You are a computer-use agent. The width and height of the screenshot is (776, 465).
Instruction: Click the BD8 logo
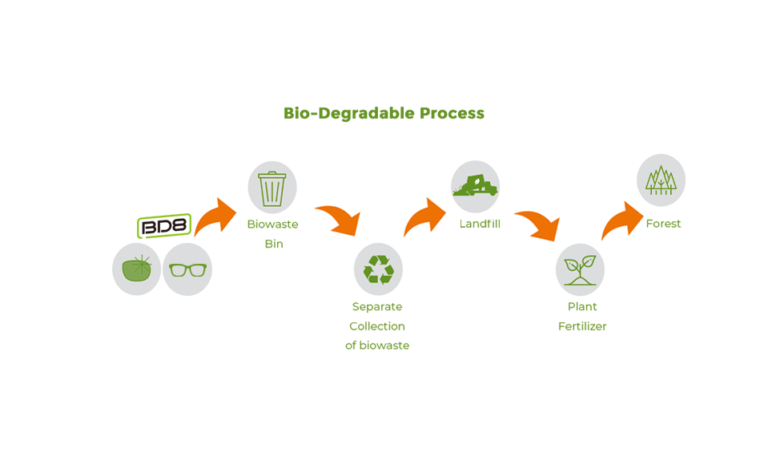click(x=164, y=226)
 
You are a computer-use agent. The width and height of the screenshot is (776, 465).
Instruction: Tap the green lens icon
click(x=137, y=269)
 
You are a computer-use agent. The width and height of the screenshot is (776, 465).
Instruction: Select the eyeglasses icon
click(x=187, y=270)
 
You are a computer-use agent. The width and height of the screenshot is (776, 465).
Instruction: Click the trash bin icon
click(x=272, y=188)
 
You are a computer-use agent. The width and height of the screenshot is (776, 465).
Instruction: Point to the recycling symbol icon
click(x=379, y=269)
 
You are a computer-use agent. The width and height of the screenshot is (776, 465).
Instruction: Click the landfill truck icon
click(x=475, y=186)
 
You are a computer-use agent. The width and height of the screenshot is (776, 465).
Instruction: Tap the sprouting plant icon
click(x=580, y=270)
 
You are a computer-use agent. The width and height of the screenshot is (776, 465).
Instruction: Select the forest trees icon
click(x=661, y=180)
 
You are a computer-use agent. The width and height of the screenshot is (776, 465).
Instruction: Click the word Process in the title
click(x=452, y=113)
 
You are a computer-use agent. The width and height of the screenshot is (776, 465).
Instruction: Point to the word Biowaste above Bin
click(x=273, y=224)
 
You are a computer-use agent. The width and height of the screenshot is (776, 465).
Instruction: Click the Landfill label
click(x=480, y=224)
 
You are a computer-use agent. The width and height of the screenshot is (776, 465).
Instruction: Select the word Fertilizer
click(x=582, y=326)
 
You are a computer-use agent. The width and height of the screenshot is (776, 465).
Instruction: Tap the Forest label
click(x=663, y=224)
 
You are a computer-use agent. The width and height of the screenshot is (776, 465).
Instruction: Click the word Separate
click(x=377, y=307)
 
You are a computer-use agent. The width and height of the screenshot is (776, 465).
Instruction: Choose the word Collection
click(x=377, y=326)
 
